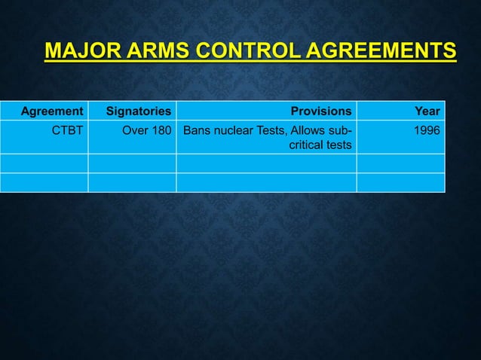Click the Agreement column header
pyautogui.click(x=51, y=111)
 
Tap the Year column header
pyautogui.click(x=427, y=111)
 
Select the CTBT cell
pyautogui.click(x=67, y=130)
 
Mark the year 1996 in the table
pyautogui.click(x=427, y=130)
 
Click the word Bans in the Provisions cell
pyautogui.click(x=198, y=130)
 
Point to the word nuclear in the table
pyautogui.click(x=237, y=130)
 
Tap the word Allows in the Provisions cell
pyautogui.click(x=312, y=130)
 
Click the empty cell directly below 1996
pyautogui.click(x=400, y=163)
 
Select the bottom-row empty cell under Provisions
pyautogui.click(x=266, y=182)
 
